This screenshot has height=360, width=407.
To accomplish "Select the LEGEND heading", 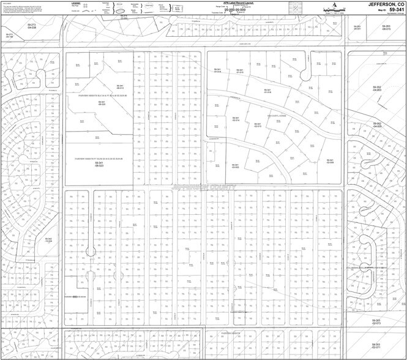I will pos(75,2).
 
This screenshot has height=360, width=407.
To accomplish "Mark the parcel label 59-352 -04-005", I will pos(378,125).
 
